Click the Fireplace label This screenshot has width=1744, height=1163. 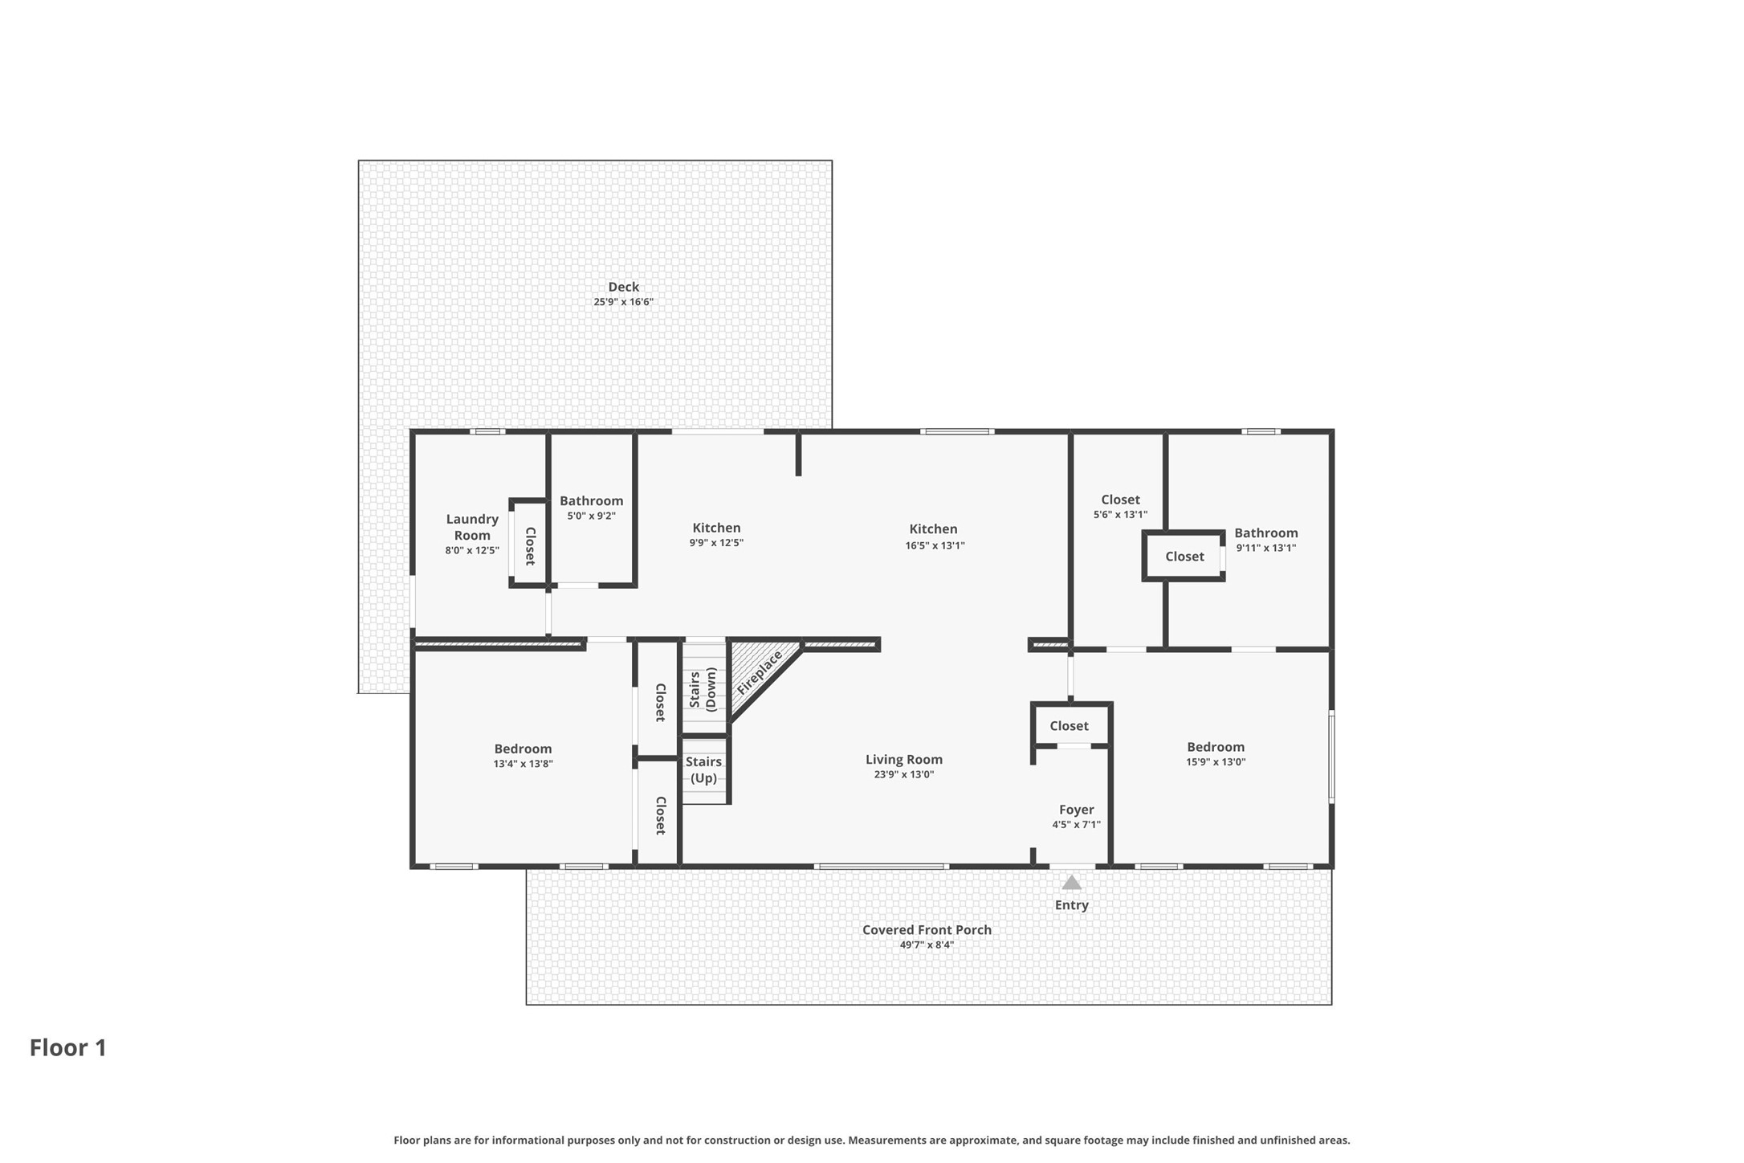point(760,672)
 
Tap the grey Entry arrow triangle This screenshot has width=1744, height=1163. point(1071,883)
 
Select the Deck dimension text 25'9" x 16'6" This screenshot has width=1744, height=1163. point(623,302)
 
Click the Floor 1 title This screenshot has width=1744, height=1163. point(68,1047)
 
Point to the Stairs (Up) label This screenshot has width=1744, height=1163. point(703,769)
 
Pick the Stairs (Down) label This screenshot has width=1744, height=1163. point(703,689)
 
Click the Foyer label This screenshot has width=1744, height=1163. point(1076,810)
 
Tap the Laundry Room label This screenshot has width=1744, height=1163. point(472,527)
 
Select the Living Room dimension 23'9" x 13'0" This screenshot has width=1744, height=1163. point(904,774)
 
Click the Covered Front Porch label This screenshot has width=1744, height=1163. point(927,929)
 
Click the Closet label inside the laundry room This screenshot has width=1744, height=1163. point(530,546)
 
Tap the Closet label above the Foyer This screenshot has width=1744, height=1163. point(1069,725)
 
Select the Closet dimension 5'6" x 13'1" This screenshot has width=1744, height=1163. point(1120,515)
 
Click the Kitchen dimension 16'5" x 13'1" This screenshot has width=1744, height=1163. point(935,545)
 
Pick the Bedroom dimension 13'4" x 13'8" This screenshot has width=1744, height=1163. point(523,764)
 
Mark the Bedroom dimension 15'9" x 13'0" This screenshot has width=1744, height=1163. point(1216,762)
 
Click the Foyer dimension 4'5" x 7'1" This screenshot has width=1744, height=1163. point(1076,825)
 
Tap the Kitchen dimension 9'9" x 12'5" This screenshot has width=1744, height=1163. point(716,543)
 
